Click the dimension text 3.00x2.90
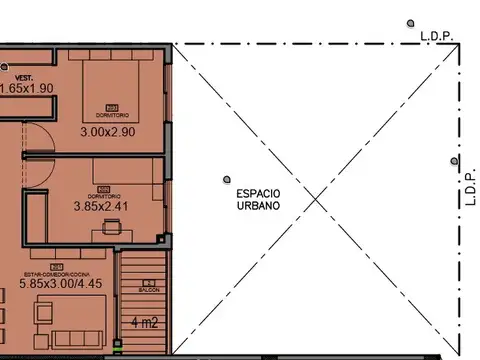coord(107,131)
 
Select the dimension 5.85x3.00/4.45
coord(62,283)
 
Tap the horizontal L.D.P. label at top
coord(436,36)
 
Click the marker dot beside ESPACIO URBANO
coord(226,181)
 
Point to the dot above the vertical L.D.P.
coord(454,161)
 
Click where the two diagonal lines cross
coord(317,198)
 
